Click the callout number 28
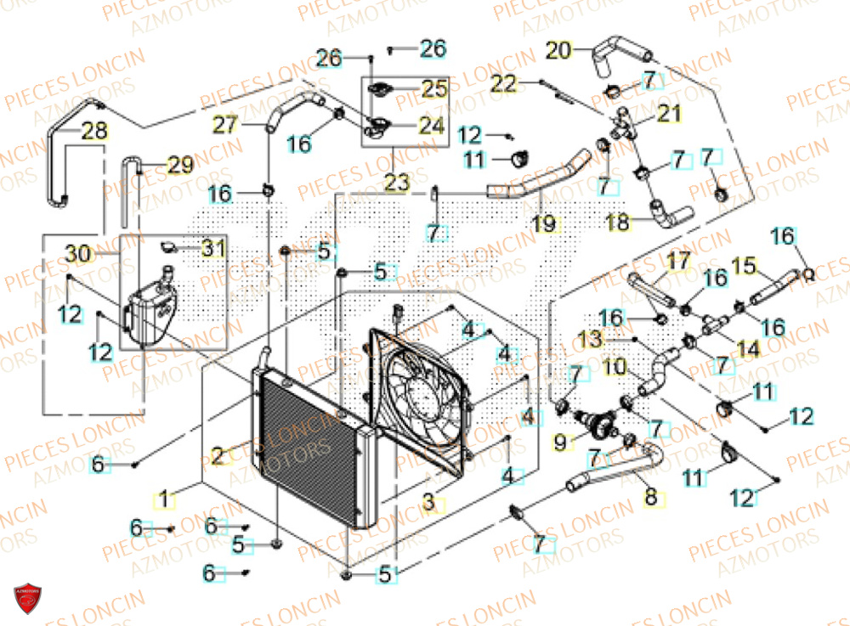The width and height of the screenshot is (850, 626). pos(94,130)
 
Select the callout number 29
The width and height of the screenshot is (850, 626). pos(179,166)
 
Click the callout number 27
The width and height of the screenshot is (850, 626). pos(225,125)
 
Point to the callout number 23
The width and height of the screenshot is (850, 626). pos(397,182)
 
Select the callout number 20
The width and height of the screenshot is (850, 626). pos(558,50)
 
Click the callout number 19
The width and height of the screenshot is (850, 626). pos(544,223)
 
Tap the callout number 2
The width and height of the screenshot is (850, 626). pos(218,457)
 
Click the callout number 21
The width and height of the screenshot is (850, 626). pos(670,114)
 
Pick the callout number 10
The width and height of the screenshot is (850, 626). pos(615,368)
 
